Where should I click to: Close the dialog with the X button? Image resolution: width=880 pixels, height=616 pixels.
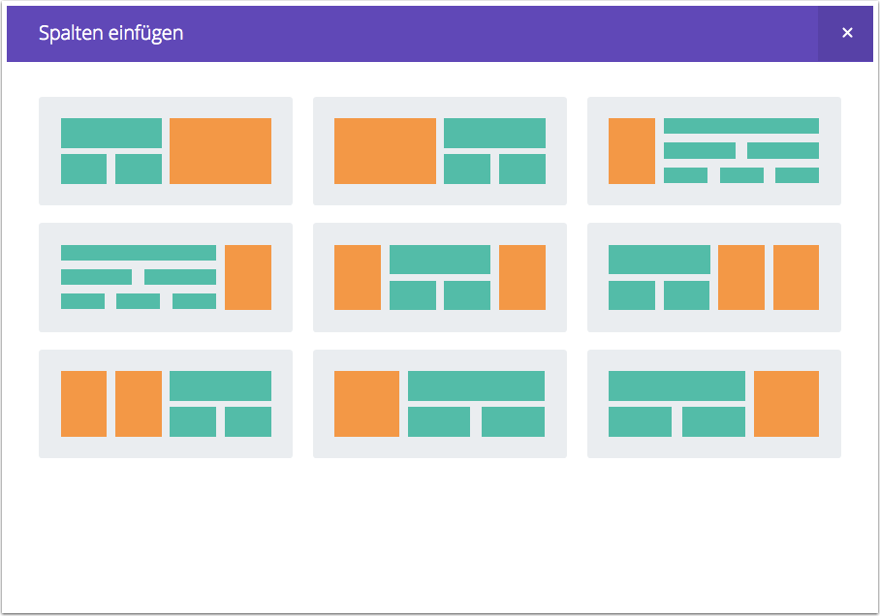[847, 33]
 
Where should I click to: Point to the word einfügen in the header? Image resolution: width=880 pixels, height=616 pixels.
[146, 34]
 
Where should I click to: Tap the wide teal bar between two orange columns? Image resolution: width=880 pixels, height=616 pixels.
[440, 260]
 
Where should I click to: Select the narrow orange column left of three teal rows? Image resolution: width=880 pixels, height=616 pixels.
[631, 151]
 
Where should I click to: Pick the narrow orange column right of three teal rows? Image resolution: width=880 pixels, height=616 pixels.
[248, 277]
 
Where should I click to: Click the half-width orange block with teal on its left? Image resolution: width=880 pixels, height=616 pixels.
[221, 151]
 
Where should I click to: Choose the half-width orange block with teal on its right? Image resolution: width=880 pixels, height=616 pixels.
[385, 151]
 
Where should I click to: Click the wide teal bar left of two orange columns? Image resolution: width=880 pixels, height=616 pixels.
[659, 260]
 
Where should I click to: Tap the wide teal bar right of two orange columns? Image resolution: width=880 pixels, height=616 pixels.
[221, 385]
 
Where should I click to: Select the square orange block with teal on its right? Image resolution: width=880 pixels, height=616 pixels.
[366, 404]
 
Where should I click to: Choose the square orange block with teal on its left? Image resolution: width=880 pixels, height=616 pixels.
[786, 404]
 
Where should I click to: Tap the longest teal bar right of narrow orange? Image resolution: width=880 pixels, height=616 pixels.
[741, 126]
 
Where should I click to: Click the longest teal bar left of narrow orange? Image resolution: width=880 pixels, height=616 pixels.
[139, 253]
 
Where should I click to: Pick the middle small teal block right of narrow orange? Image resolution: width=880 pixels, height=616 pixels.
[741, 175]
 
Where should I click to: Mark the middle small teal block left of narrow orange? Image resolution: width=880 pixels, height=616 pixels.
[138, 301]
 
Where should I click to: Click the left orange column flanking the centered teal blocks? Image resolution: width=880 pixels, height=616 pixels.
[358, 277]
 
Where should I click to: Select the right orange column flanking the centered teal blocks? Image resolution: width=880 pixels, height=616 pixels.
[522, 277]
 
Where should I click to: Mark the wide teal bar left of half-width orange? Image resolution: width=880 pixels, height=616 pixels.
[111, 133]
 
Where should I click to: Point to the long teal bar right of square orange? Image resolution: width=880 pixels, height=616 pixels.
[477, 385]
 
